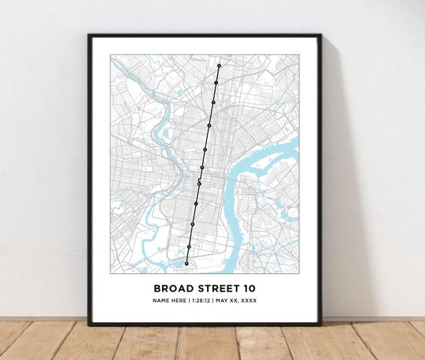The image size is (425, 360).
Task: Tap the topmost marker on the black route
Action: pos(220,65)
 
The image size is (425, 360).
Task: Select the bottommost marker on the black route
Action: pos(187,264)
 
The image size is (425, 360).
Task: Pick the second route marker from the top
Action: pos(216,82)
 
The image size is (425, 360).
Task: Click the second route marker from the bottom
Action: pos(189,247)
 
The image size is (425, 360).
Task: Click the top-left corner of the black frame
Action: pos(89,35)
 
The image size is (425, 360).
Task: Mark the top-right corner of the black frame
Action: pos(321,35)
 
